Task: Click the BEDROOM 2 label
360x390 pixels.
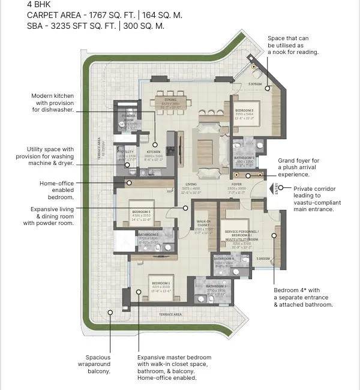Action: click(244, 111)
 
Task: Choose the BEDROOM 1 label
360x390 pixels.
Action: click(161, 283)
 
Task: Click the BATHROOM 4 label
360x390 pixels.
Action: click(224, 259)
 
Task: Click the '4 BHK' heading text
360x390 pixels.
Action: click(40, 4)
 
